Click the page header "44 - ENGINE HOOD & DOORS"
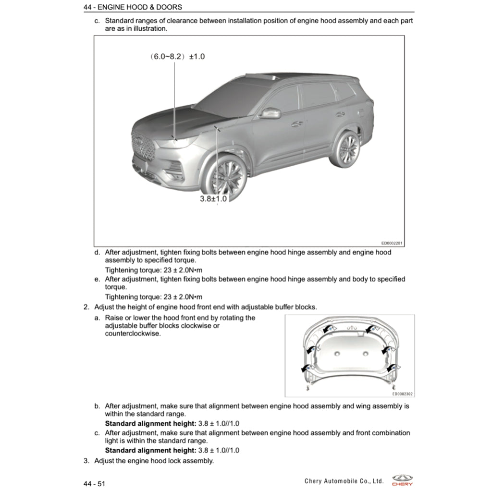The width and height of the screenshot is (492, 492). click(x=133, y=7)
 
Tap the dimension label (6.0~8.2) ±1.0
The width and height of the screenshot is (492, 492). click(x=176, y=56)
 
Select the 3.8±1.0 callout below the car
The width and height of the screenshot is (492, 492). click(x=213, y=198)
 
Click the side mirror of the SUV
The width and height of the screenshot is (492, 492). click(x=271, y=113)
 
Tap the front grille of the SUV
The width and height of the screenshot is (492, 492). click(x=143, y=145)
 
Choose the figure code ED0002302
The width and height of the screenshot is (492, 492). click(x=402, y=394)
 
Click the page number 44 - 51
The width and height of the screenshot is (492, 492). click(x=94, y=484)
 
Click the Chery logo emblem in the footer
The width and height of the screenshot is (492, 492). click(x=402, y=479)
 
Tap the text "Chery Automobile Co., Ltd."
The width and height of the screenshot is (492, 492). click(x=344, y=481)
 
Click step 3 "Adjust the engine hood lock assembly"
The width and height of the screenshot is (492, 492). click(x=154, y=461)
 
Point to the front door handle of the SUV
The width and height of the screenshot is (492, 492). click(x=297, y=123)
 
